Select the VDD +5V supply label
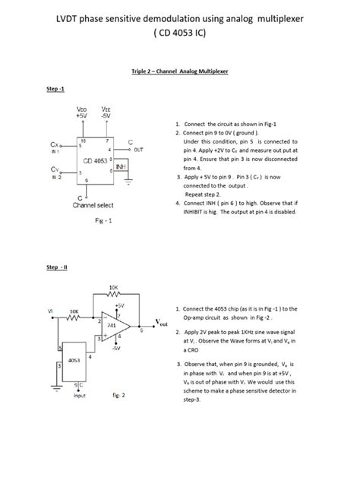(x=82, y=112)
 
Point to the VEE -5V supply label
(x=107, y=112)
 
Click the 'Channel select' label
(x=93, y=205)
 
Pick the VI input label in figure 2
(x=50, y=311)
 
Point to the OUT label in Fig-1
(x=137, y=150)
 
